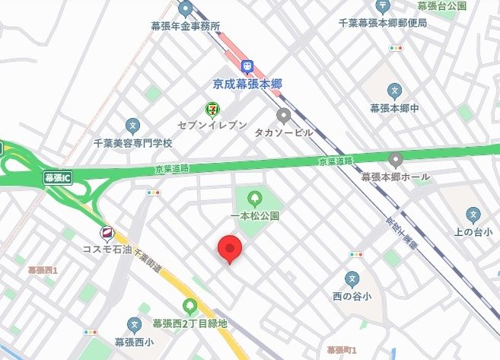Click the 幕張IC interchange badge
coord(57,178)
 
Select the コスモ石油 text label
coord(107,249)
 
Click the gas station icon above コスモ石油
coord(107,233)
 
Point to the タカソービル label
coord(284,132)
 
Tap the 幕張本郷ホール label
coord(395,177)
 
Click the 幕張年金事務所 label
coord(186,25)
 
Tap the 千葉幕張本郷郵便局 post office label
coord(382,23)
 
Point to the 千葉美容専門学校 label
coord(133,142)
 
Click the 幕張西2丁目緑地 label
coord(189,323)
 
